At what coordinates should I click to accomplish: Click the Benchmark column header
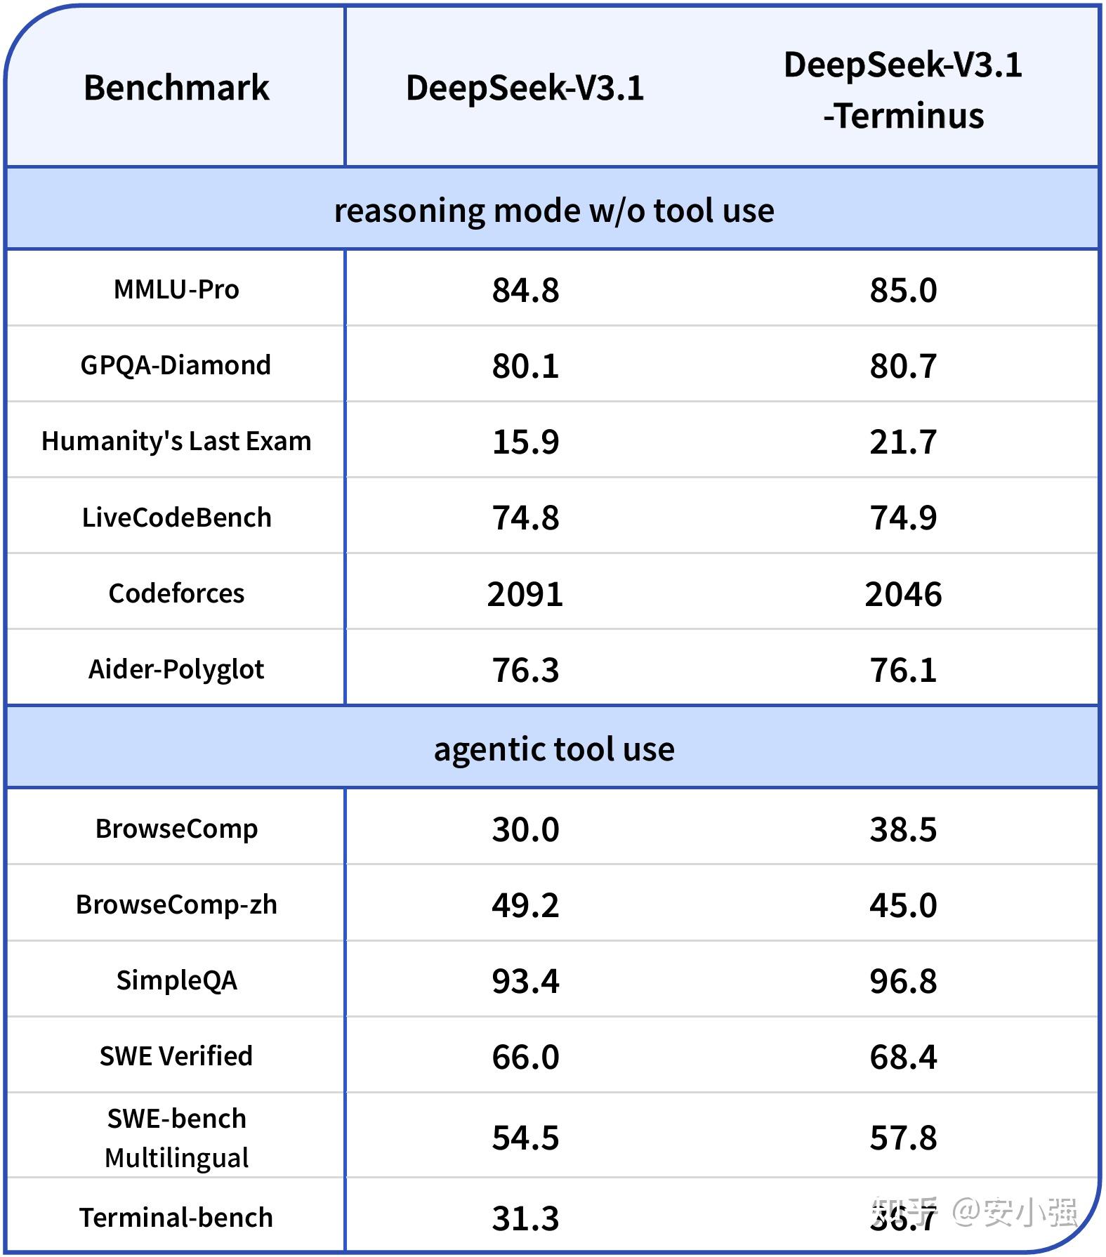176,88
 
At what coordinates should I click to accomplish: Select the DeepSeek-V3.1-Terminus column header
903,90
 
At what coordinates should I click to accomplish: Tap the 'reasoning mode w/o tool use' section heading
553,210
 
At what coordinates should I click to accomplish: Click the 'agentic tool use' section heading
553,749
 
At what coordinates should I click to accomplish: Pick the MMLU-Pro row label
176,289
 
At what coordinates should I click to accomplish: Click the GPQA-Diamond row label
176,365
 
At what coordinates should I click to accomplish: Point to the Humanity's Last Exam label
176,441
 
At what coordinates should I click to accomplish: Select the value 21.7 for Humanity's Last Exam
903,442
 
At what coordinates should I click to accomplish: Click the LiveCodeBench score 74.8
525,518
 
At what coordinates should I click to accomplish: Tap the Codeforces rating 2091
525,594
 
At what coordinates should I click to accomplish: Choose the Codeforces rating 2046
903,594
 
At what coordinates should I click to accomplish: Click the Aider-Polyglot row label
176,669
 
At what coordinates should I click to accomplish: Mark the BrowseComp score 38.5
903,829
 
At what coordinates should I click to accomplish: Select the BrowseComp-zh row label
176,904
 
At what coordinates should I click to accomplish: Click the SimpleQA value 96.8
903,981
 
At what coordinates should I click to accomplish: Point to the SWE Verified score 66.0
525,1057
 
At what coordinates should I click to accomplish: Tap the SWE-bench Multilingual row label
176,1138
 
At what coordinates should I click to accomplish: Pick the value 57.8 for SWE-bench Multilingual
903,1138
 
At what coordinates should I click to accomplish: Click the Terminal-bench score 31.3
525,1218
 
